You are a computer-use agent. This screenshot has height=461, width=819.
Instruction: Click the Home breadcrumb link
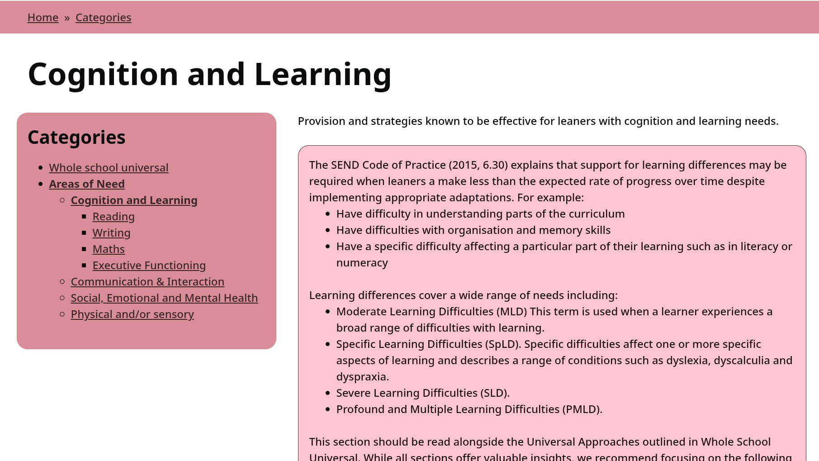(43, 18)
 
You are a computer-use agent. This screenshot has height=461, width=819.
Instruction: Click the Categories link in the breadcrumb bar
(103, 18)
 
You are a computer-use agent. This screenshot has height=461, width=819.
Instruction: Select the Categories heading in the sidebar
(76, 138)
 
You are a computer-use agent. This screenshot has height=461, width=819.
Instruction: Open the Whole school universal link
(109, 168)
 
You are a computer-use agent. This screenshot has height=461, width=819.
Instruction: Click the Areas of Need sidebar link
(87, 184)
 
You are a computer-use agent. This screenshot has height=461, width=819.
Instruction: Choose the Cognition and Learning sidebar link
(134, 200)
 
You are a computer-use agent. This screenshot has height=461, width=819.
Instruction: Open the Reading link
(114, 217)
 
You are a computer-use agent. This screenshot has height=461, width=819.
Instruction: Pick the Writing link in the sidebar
(111, 233)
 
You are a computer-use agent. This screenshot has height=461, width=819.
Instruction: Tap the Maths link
(109, 249)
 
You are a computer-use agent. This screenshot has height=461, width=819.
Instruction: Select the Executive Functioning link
(149, 266)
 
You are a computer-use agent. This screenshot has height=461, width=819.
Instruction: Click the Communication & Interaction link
(147, 282)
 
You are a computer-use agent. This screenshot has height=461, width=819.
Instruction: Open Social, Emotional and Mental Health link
(164, 298)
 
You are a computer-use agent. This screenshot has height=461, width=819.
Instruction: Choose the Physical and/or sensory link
(132, 314)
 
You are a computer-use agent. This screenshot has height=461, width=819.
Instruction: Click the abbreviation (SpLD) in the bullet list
(503, 344)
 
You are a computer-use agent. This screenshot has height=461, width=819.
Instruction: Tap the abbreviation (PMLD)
(582, 409)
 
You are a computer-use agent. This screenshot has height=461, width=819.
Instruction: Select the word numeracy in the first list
(362, 263)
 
